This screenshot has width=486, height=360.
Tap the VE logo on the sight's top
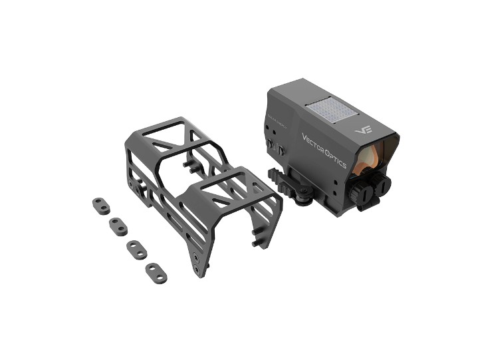[362, 130]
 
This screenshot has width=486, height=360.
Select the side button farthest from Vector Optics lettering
[272, 148]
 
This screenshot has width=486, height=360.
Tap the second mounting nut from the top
[118, 226]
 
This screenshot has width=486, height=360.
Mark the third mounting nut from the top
[136, 249]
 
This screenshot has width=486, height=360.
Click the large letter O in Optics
[326, 151]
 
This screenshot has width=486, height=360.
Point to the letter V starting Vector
[304, 137]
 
